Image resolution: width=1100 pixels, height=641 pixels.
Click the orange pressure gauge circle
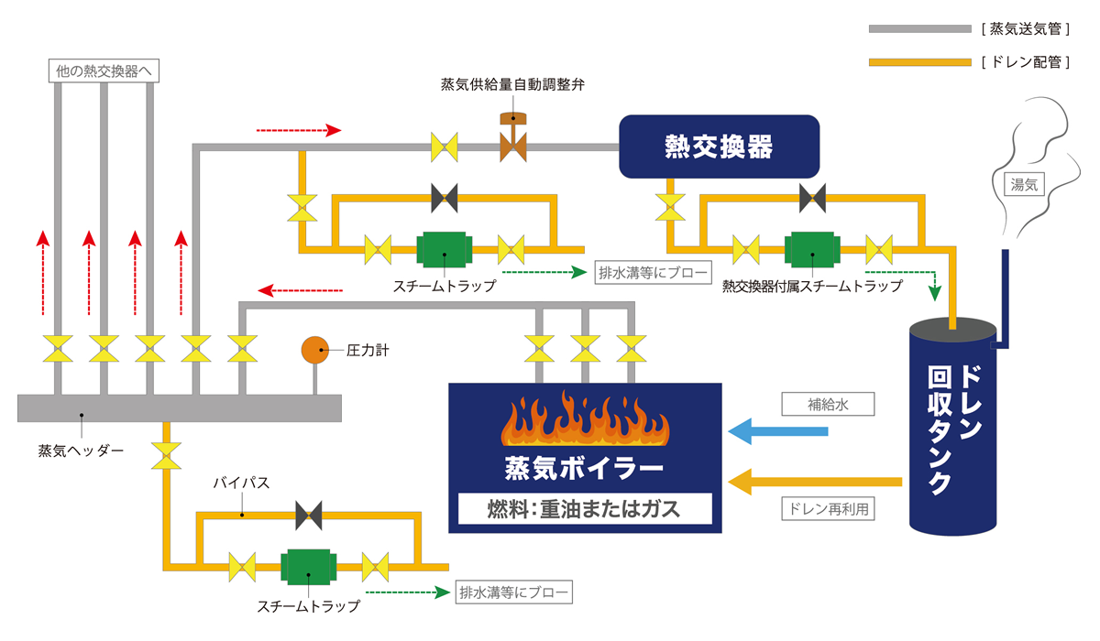315,349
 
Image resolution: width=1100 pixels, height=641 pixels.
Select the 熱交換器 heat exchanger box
718,146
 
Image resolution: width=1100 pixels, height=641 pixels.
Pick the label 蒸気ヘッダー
80,451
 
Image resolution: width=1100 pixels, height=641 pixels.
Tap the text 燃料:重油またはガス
584,508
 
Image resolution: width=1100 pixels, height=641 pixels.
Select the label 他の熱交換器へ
104,71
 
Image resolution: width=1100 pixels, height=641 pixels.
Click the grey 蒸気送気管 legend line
919,29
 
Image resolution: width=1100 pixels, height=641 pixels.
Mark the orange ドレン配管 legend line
919,62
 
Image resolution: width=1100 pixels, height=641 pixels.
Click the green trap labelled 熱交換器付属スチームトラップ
809,248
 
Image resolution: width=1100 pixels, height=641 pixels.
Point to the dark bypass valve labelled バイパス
309,516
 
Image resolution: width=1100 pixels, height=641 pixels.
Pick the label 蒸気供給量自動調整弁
512,84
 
